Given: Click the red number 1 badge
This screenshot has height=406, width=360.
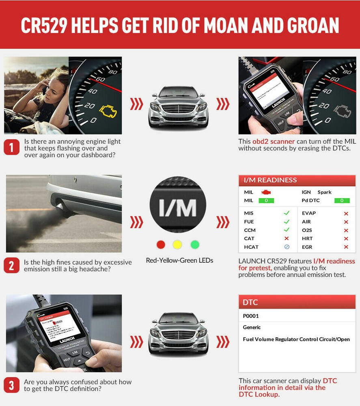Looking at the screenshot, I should pos(11,147).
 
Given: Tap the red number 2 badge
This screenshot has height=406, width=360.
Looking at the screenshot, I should pos(11,266).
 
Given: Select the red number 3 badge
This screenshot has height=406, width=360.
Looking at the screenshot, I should pos(11,385).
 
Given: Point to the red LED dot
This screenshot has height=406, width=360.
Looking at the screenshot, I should pos(161,244).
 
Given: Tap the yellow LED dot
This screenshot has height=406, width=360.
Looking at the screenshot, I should pos(178,244).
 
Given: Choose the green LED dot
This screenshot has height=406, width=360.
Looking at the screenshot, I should pos(195,244).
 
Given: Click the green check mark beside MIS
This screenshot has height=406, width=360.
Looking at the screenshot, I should pos(287,213).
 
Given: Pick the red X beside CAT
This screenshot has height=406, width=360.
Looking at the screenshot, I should pos(287,239).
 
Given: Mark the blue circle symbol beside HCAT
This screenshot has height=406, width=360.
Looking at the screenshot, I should pos(287,247).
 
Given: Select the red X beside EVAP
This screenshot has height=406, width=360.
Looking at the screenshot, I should pos(346,214).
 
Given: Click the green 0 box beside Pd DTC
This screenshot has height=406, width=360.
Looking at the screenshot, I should pos(342,201).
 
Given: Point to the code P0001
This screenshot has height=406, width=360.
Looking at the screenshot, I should pos(251,316).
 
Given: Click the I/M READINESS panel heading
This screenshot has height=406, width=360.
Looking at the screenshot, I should pos(270,180).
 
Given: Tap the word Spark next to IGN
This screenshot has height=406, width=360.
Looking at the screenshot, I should pos(324,192).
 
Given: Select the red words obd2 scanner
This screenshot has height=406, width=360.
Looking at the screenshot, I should pos(274,142).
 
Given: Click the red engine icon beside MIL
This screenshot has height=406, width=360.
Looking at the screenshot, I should pos(266,192).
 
